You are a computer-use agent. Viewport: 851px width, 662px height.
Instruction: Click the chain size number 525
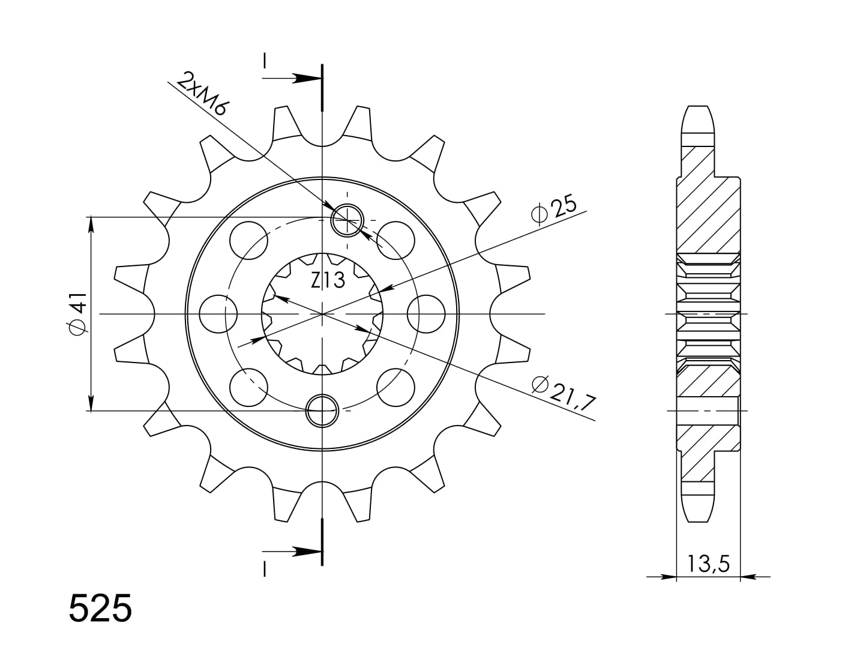pyautogui.click(x=100, y=609)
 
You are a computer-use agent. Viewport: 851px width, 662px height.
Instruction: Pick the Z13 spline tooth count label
pyautogui.click(x=328, y=280)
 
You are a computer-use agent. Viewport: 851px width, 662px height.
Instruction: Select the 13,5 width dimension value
pyautogui.click(x=709, y=564)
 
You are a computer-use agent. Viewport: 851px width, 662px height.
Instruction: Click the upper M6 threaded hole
pyautogui.click(x=347, y=220)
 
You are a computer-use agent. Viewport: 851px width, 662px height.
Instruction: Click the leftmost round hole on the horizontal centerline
pyautogui.click(x=218, y=314)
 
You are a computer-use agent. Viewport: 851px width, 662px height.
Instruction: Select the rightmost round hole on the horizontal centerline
pyautogui.click(x=426, y=314)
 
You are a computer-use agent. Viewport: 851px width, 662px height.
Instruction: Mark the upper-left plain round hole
pyautogui.click(x=247, y=239)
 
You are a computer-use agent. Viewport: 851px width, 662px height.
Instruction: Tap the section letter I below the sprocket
pyautogui.click(x=264, y=568)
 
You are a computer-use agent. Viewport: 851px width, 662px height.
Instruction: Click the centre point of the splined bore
pyautogui.click(x=322, y=314)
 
